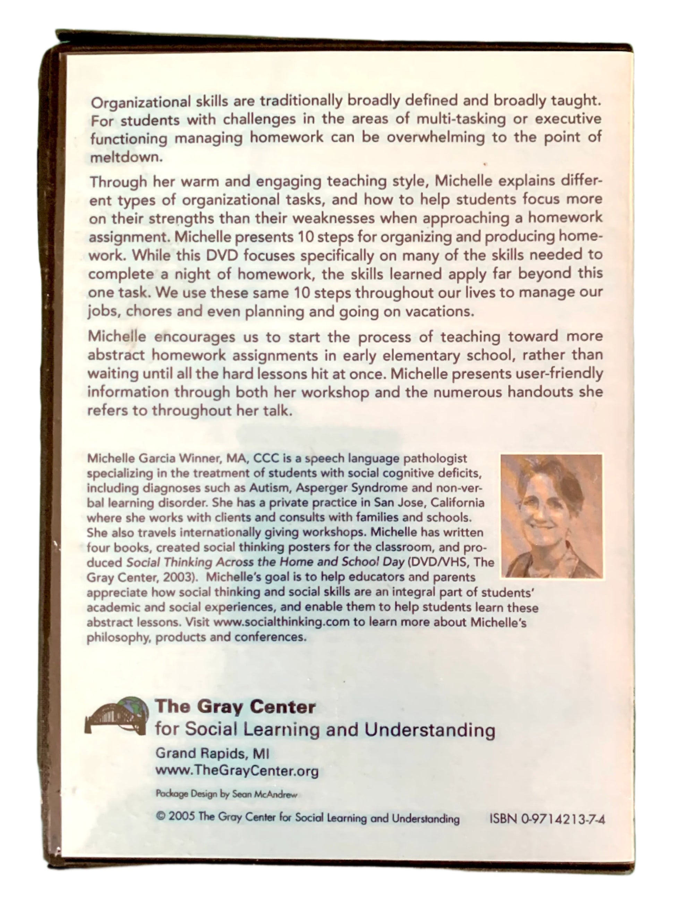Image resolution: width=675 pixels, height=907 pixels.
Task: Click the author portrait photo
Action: [x=552, y=516]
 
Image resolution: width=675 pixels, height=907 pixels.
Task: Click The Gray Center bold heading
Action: [x=236, y=707]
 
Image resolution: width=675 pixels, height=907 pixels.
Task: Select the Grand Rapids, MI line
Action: [x=212, y=753]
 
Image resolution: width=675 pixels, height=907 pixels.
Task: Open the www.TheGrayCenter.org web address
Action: [x=237, y=771]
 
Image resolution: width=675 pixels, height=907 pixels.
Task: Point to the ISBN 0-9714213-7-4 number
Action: [x=547, y=819]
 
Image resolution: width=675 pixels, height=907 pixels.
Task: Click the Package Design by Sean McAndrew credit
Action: [x=227, y=794]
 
